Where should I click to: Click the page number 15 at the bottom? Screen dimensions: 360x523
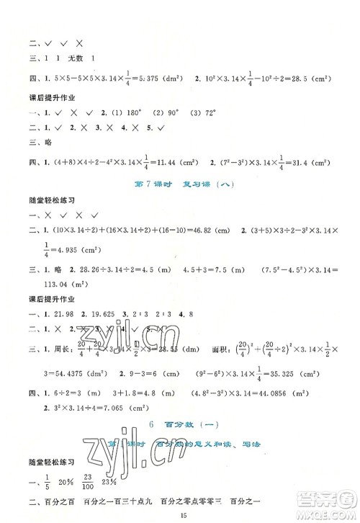click(x=179, y=512)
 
